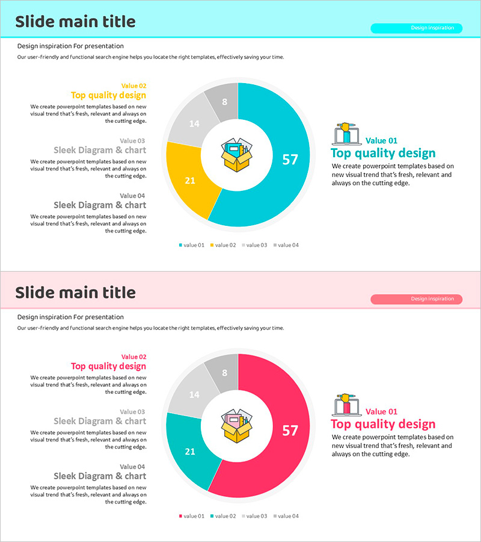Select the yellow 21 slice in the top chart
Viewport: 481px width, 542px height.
(190, 179)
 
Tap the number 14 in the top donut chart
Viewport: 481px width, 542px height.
(194, 123)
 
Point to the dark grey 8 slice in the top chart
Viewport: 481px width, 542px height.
(224, 101)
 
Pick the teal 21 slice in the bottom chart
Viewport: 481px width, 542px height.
(190, 450)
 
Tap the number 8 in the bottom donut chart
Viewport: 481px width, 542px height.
(224, 373)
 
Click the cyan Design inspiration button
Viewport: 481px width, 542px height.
(416, 28)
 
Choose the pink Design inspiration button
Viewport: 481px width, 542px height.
(416, 299)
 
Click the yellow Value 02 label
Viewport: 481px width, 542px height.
(133, 86)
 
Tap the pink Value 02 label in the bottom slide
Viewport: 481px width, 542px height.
(133, 357)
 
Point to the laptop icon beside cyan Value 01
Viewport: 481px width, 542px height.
(346, 134)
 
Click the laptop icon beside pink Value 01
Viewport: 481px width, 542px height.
(346, 405)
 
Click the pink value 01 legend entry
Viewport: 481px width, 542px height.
(192, 516)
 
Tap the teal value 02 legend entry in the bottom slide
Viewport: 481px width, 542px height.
(223, 516)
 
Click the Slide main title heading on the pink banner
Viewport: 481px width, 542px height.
(75, 293)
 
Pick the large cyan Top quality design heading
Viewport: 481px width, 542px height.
(383, 153)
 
